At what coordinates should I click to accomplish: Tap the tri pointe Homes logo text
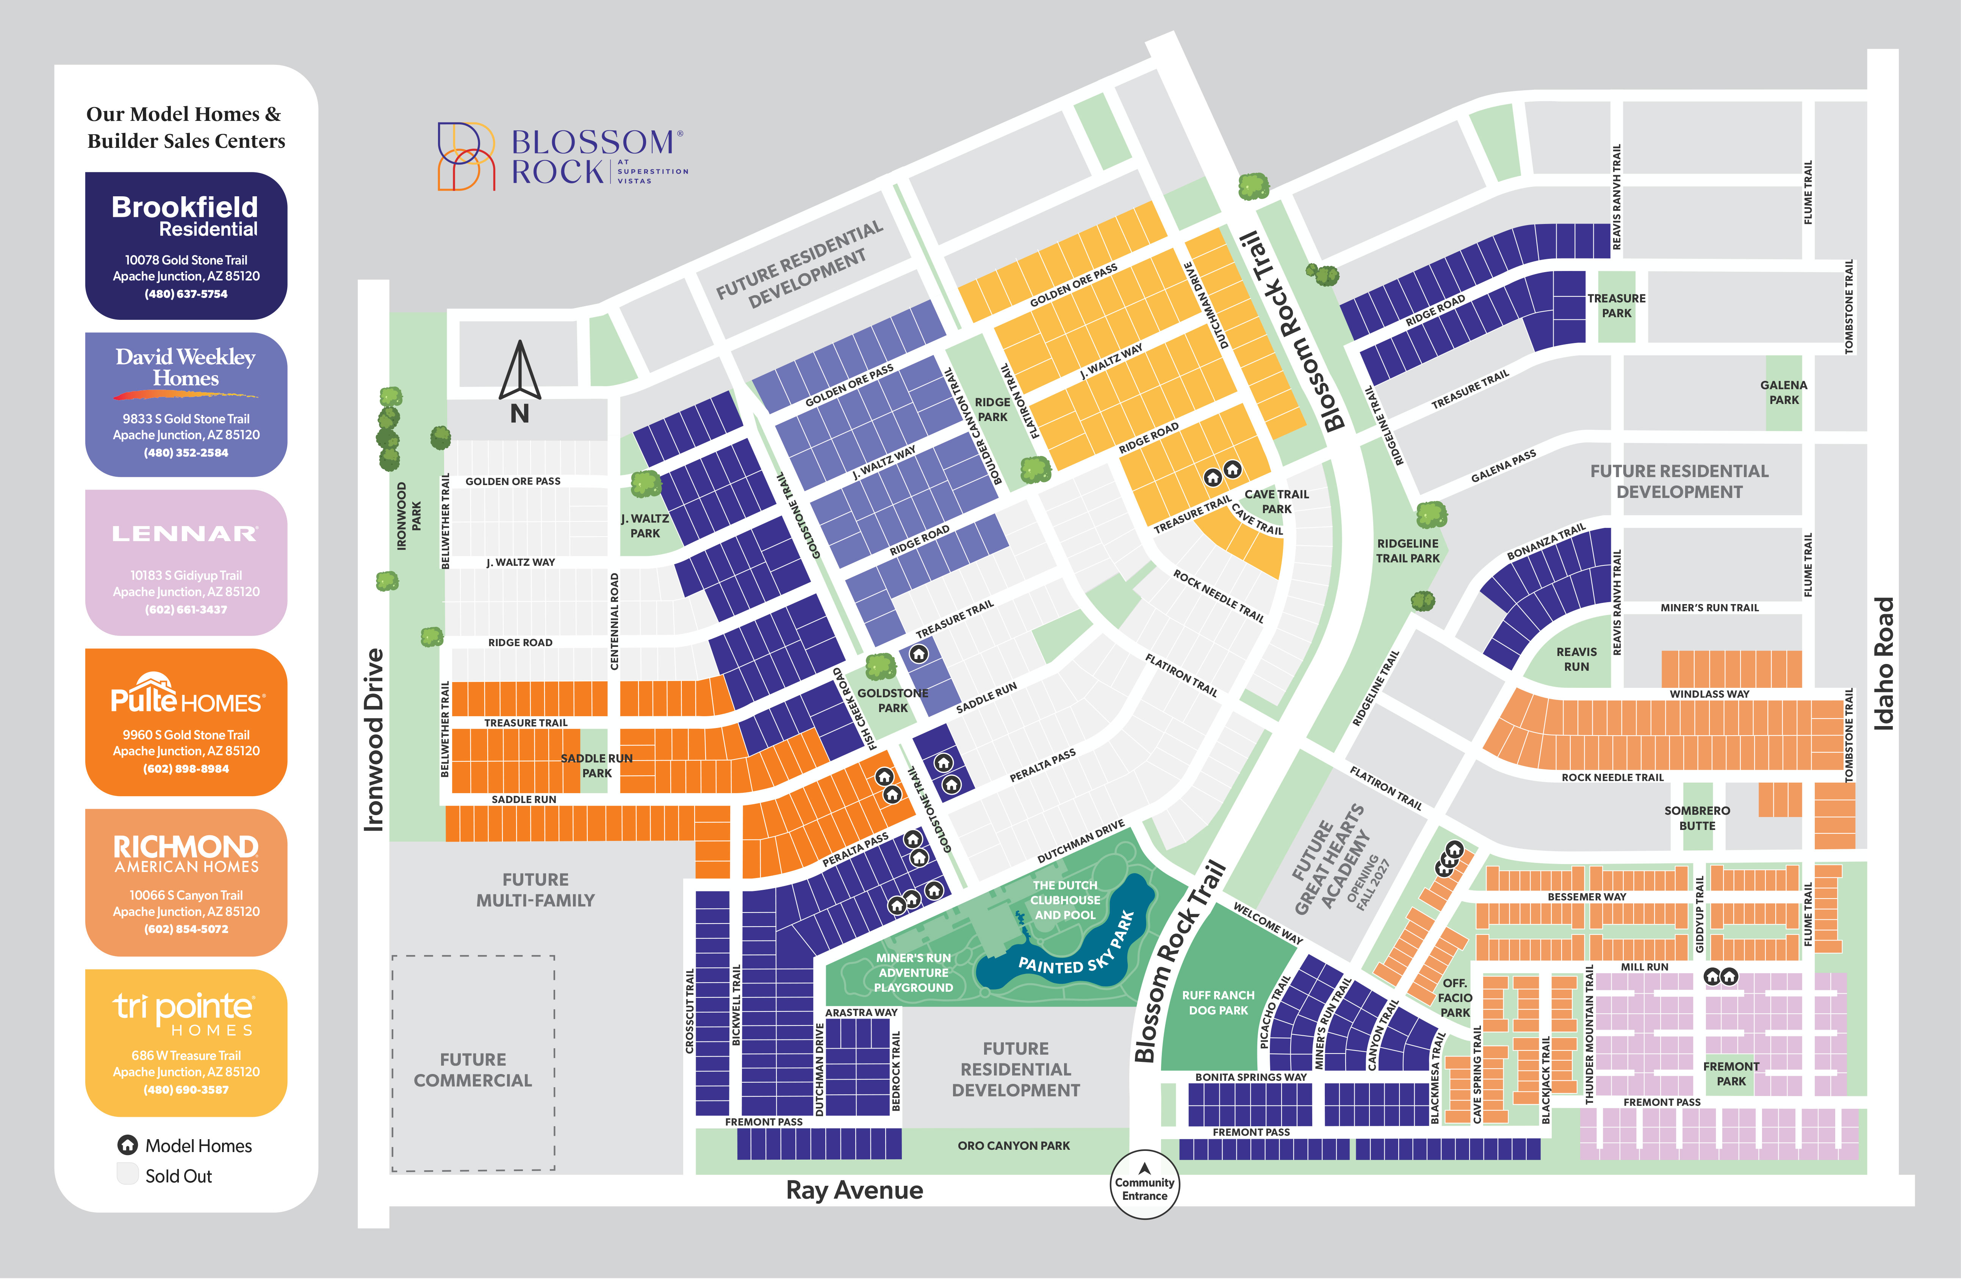(185, 1014)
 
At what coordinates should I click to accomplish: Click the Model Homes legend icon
(128, 1145)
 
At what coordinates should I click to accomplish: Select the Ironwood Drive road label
(374, 739)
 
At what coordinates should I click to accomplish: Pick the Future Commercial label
(473, 1070)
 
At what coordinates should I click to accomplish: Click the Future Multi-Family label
(535, 890)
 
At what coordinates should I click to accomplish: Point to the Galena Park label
(1784, 392)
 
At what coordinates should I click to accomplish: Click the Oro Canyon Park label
(1013, 1146)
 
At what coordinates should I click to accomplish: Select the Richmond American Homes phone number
(186, 929)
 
